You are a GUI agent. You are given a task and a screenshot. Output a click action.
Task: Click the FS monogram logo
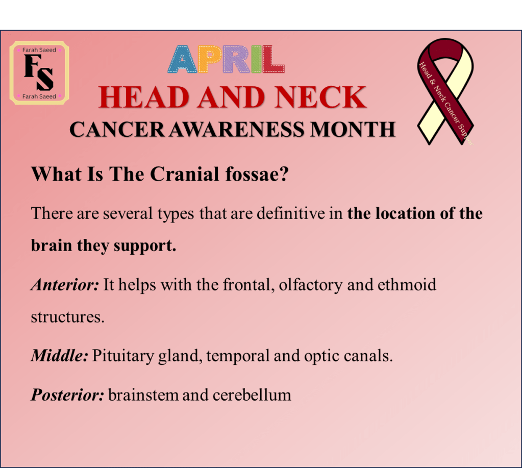tap(39, 72)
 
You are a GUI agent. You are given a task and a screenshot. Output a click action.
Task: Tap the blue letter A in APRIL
tap(183, 59)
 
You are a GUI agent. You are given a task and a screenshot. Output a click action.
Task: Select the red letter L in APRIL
tap(273, 59)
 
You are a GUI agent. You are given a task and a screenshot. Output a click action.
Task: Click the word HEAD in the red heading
tap(144, 97)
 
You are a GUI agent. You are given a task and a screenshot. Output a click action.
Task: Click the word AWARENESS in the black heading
tap(237, 129)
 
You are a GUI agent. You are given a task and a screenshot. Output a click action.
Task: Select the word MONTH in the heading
tap(353, 129)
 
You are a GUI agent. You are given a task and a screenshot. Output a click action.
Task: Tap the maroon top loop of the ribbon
tap(445, 49)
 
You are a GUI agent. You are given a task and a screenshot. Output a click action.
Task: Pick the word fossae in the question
tap(257, 174)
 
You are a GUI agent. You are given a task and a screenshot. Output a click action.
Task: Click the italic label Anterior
tap(65, 285)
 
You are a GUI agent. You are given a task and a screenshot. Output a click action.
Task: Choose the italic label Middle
tap(60, 356)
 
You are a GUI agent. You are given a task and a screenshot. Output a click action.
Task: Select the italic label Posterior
tap(67, 395)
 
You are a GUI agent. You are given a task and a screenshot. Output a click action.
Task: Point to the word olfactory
tap(311, 285)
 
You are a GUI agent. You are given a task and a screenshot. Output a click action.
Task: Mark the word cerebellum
tap(252, 395)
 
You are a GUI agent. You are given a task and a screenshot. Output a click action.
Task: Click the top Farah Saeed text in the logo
tap(39, 50)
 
